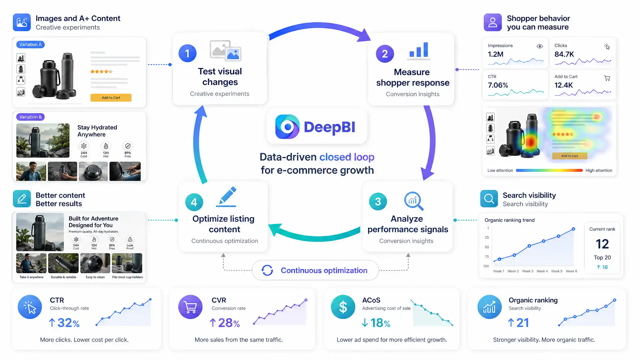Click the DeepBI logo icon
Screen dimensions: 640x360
287,127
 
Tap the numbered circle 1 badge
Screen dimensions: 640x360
187,53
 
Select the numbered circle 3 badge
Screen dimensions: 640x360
378,202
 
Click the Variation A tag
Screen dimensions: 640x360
30,44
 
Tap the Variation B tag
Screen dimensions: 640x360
30,117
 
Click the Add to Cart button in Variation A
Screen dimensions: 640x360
111,97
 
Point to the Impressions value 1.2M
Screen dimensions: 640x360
496,54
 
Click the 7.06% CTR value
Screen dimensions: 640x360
498,85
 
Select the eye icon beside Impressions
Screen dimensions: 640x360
540,46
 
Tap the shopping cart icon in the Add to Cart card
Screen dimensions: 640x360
607,78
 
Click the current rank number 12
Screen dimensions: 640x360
602,244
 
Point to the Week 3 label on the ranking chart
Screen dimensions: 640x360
527,271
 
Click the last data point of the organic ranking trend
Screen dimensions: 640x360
573,229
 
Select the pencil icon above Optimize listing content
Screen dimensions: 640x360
226,197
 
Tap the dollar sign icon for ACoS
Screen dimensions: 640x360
343,307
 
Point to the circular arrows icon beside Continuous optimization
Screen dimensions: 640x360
267,270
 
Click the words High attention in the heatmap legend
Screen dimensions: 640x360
599,170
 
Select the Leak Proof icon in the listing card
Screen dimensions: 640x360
130,239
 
